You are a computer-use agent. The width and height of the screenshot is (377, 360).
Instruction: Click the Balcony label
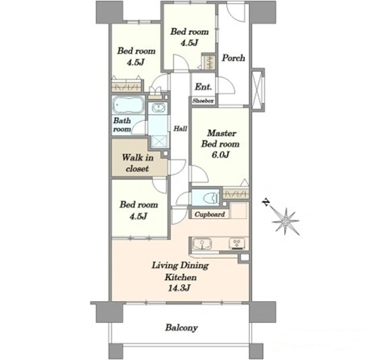tap(181, 328)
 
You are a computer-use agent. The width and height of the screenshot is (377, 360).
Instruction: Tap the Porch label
tap(233, 58)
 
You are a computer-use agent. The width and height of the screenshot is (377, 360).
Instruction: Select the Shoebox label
tap(203, 101)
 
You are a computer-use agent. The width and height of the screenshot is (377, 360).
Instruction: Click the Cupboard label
tap(210, 214)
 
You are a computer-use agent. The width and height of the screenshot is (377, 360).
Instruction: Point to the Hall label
tap(180, 128)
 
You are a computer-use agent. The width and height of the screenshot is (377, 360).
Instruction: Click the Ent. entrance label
tap(204, 87)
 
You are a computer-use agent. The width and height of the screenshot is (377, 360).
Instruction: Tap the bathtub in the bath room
tap(128, 105)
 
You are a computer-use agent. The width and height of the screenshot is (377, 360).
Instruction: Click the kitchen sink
tap(202, 244)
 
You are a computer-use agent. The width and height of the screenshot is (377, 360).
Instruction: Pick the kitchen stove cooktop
tap(237, 244)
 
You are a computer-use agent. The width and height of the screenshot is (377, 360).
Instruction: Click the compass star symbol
tap(286, 221)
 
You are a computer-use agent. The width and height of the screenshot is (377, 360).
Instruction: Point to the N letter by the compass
tap(265, 202)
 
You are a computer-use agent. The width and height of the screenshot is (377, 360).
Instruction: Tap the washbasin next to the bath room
tap(158, 108)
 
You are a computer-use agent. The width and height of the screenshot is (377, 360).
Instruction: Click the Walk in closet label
tap(137, 163)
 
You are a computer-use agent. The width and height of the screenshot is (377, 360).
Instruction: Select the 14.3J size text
tap(179, 288)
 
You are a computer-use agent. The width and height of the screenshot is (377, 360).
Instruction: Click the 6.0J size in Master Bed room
tap(220, 155)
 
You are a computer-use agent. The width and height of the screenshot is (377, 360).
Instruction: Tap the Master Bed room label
tap(220, 138)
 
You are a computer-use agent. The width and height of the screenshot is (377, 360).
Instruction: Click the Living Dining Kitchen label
tap(180, 271)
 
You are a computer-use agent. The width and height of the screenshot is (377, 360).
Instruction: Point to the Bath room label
tap(122, 125)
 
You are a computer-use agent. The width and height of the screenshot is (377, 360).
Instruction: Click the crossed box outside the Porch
tap(257, 90)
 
